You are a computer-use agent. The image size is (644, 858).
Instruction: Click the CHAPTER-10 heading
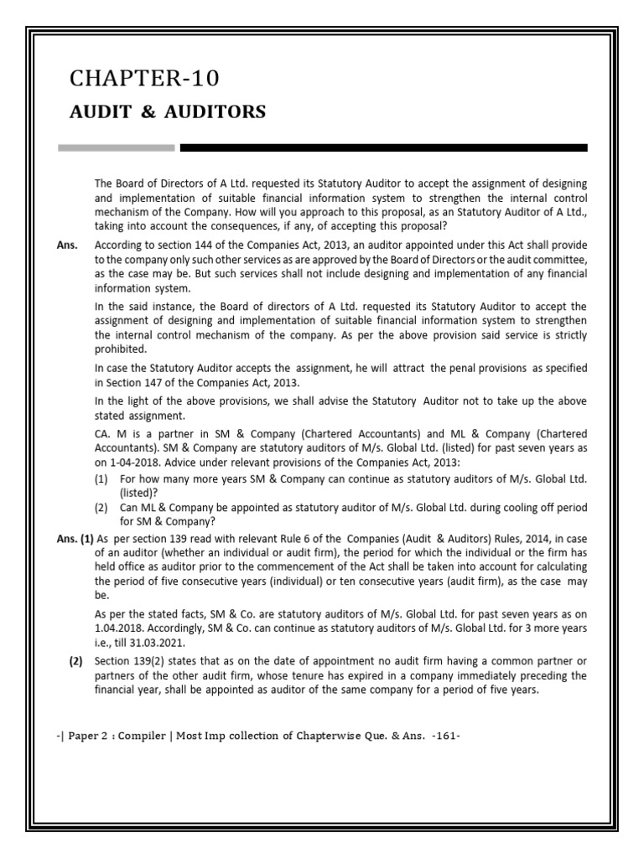[x=145, y=79]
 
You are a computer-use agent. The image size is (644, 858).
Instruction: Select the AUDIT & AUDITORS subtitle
[x=168, y=111]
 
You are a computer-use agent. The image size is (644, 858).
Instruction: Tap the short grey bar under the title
[x=116, y=148]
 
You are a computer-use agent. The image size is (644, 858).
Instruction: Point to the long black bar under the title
[x=383, y=148]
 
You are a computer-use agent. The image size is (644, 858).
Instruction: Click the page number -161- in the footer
[x=444, y=737]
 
